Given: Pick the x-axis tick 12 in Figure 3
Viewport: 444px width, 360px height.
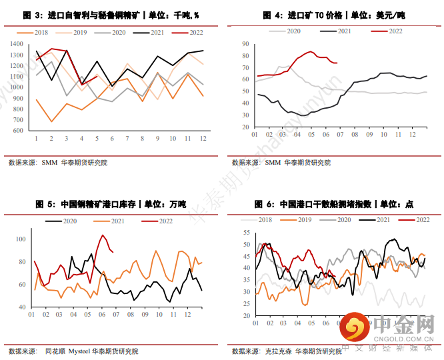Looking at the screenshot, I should pyautogui.click(x=203, y=139).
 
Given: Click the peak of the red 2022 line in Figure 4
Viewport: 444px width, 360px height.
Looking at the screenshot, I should pyautogui.click(x=311, y=51).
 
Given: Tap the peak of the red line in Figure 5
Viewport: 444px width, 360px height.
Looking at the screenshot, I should pyautogui.click(x=103, y=235).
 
